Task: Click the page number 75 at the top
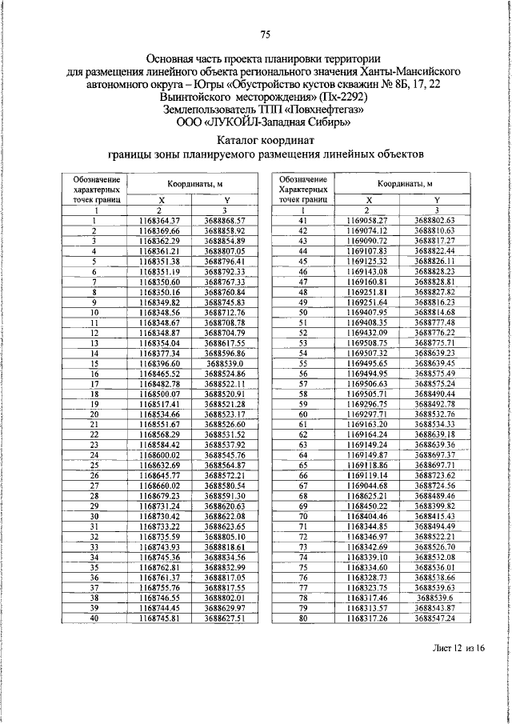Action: pyautogui.click(x=266, y=34)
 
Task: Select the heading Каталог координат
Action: pyautogui.click(x=266, y=139)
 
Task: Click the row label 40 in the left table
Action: pyautogui.click(x=94, y=618)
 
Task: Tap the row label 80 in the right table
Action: pyautogui.click(x=303, y=618)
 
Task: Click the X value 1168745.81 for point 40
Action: pyautogui.click(x=160, y=618)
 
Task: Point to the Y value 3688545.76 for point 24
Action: pyautogui.click(x=224, y=454)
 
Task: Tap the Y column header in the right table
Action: pyautogui.click(x=436, y=200)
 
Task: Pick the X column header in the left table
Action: pyautogui.click(x=160, y=200)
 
